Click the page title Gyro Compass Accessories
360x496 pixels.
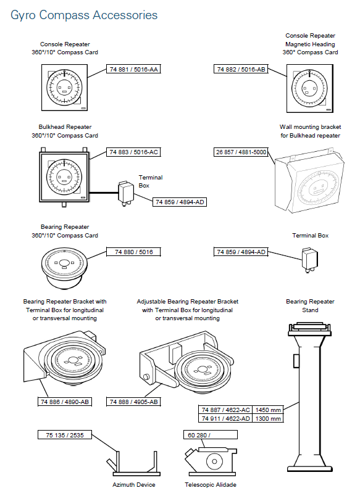pyautogui.click(x=84, y=15)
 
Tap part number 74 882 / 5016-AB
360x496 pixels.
pyautogui.click(x=241, y=69)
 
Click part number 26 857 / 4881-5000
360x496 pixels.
pyautogui.click(x=241, y=152)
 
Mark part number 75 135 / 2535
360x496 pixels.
pyautogui.click(x=69, y=435)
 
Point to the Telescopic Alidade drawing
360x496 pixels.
pyautogui.click(x=211, y=460)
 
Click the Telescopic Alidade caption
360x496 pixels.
pyautogui.click(x=211, y=485)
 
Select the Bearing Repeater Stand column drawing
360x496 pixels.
pyautogui.click(x=309, y=401)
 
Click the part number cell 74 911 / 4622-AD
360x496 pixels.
pyautogui.click(x=225, y=418)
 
